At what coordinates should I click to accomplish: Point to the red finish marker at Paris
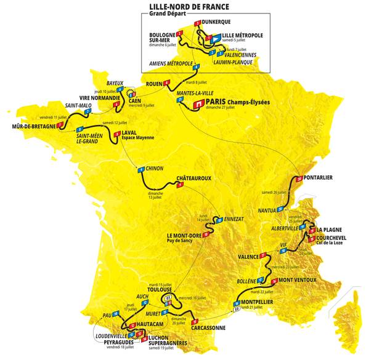[x=198, y=105]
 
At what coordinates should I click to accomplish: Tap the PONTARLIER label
[x=319, y=178]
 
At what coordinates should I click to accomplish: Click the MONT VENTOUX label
[x=297, y=280]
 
